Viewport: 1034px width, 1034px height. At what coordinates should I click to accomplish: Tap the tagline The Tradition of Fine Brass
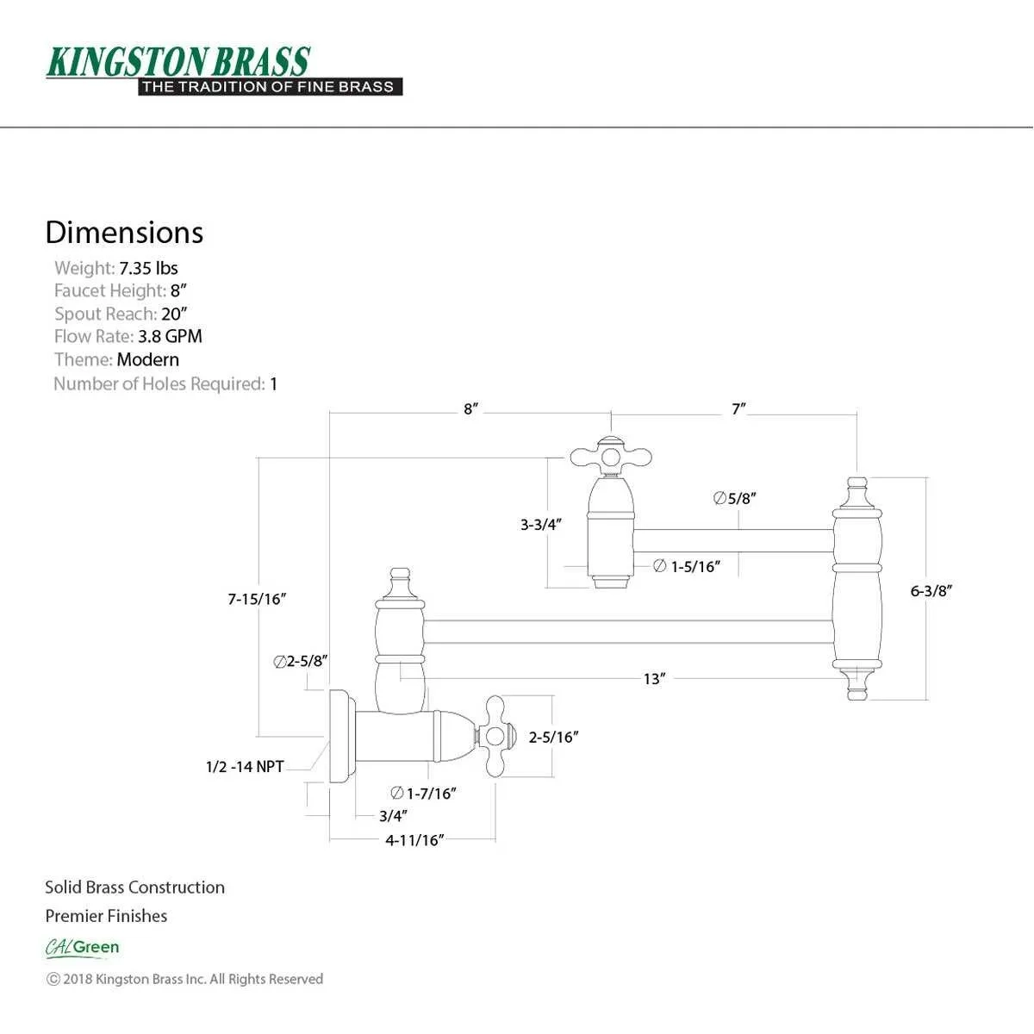click(269, 87)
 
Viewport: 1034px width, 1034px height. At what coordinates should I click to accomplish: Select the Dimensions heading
click(124, 233)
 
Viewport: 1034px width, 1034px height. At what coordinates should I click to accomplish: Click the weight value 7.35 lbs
click(148, 268)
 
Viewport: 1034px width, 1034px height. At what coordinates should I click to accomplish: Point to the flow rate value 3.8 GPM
click(170, 337)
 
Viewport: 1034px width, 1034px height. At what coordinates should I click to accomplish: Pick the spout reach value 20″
click(174, 314)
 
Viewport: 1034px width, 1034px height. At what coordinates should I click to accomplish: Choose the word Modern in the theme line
click(148, 360)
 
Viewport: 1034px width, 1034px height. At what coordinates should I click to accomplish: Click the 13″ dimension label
click(654, 679)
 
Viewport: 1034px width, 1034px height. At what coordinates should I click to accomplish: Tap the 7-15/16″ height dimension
click(257, 599)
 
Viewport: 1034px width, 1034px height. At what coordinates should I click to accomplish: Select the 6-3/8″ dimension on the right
click(931, 591)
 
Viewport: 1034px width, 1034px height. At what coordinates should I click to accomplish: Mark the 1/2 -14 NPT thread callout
click(245, 766)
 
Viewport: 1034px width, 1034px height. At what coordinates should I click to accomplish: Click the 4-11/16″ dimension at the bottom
click(414, 840)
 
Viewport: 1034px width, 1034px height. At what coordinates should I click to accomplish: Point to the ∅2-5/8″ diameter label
click(300, 662)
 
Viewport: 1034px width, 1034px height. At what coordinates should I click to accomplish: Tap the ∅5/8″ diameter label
click(735, 498)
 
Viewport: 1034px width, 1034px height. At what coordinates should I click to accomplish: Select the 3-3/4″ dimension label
click(541, 524)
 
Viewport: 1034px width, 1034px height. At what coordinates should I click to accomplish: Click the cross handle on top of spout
click(610, 456)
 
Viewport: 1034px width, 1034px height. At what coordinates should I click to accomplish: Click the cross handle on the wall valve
click(495, 736)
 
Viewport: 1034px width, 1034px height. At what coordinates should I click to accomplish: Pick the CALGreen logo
click(83, 948)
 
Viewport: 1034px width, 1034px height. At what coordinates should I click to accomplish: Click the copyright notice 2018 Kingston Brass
click(184, 979)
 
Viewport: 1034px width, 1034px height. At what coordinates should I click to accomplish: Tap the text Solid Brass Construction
click(135, 888)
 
